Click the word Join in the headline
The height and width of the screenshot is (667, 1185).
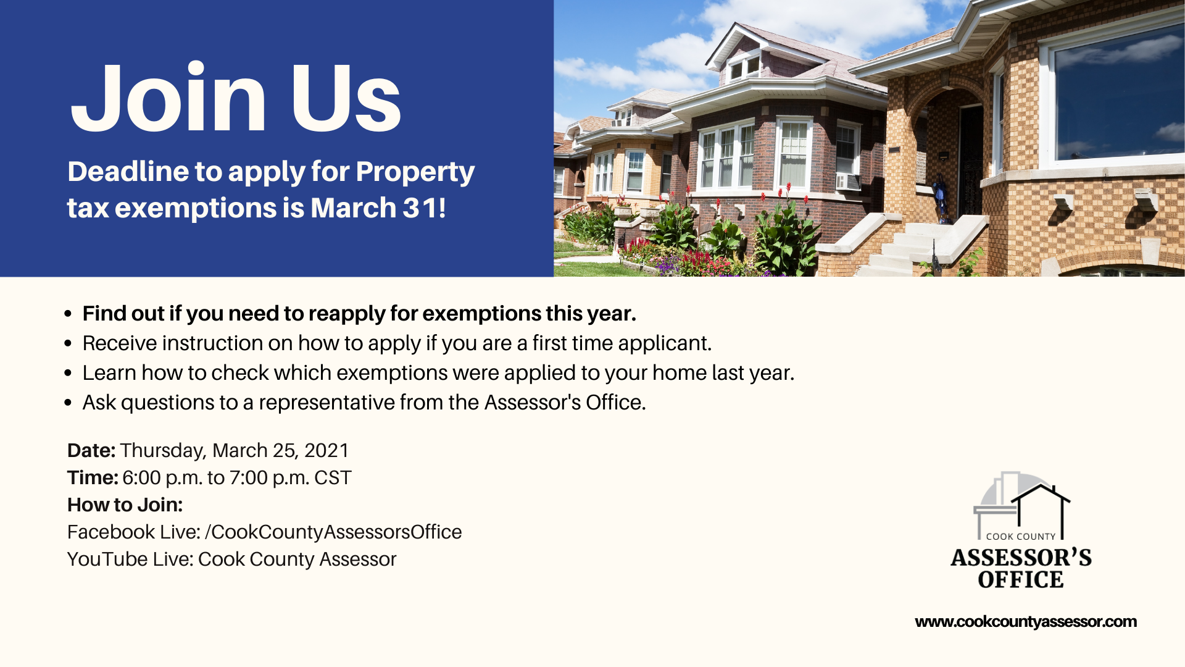click(168, 98)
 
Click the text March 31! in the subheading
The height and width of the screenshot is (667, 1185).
click(378, 208)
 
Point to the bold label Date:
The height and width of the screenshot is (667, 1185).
click(91, 450)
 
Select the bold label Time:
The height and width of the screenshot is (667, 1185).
click(93, 477)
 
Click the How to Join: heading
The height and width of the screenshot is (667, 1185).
click(125, 505)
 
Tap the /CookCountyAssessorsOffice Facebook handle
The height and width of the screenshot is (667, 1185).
click(333, 532)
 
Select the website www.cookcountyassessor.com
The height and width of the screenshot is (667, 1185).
click(1026, 622)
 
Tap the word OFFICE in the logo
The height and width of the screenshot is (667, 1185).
click(1021, 580)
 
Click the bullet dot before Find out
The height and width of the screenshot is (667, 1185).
click(68, 314)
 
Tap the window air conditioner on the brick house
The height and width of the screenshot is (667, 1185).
click(848, 182)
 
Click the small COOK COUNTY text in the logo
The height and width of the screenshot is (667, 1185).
click(1021, 537)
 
